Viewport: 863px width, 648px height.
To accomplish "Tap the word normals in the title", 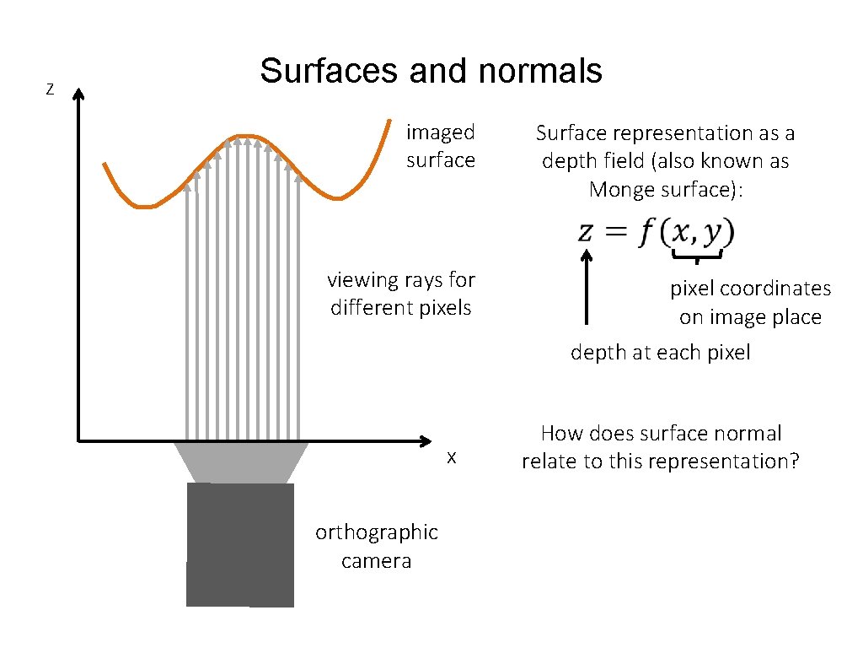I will [539, 71].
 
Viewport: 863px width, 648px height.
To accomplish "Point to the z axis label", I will [50, 89].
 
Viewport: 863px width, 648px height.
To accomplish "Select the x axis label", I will [452, 457].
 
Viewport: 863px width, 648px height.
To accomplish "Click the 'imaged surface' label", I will [440, 146].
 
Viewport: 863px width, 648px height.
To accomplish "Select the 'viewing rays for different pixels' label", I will [401, 293].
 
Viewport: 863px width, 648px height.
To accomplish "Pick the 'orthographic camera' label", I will [376, 546].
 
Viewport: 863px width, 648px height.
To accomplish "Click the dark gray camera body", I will [240, 544].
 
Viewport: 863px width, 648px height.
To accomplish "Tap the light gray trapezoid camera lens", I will [241, 462].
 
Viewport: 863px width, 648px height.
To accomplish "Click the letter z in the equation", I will [587, 233].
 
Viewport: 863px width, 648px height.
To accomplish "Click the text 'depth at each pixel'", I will [660, 352].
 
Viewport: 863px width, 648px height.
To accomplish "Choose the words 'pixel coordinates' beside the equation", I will [750, 289].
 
